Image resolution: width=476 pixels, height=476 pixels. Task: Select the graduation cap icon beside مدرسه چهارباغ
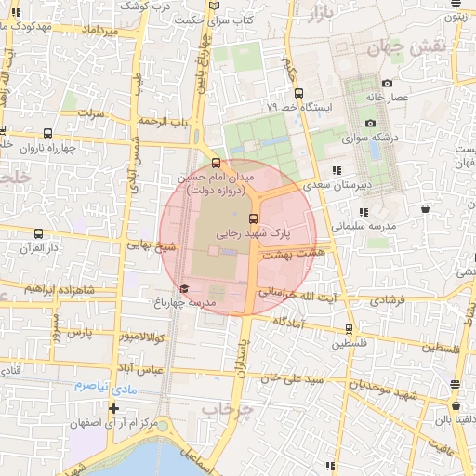184,289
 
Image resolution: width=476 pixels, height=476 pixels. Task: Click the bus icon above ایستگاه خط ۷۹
298,92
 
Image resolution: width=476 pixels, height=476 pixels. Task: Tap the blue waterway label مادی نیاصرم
105,385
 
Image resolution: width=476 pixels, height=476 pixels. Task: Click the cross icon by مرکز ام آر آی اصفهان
113,408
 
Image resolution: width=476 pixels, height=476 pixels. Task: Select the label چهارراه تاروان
45,147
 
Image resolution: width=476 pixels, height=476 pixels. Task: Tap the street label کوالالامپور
142,335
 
